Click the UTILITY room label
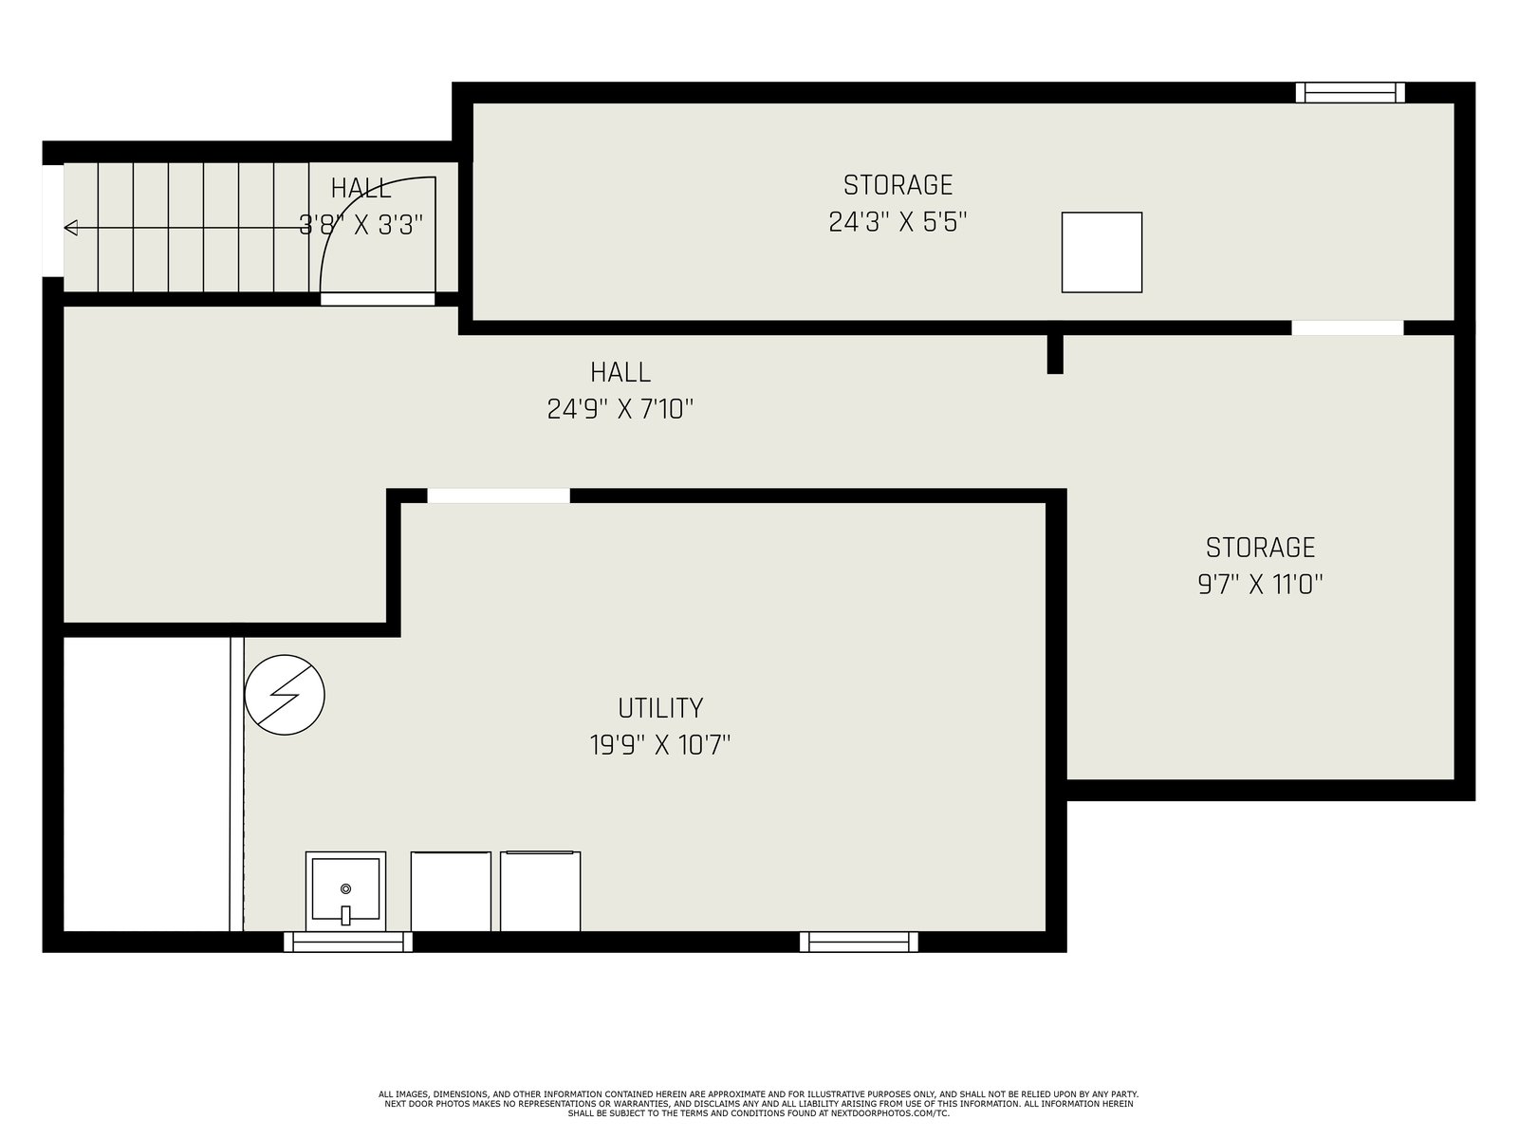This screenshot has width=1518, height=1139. (x=659, y=707)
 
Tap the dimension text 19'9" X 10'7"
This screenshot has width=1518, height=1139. (x=659, y=745)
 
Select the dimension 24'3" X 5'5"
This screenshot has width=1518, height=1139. (x=898, y=222)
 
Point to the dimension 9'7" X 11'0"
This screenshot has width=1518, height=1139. (x=1260, y=585)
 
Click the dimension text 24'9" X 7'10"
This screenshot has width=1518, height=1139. (x=620, y=409)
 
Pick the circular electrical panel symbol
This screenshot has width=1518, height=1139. (x=285, y=695)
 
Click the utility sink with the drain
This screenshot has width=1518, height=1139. (x=345, y=890)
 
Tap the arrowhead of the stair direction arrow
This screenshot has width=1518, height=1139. (x=70, y=228)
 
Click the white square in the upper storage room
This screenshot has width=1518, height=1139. (x=1101, y=252)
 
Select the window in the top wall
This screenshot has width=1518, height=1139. (x=1350, y=93)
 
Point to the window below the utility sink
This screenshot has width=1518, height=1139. (x=348, y=942)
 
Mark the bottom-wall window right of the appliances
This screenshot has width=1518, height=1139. (x=859, y=942)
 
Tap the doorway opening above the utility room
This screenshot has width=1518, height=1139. (x=499, y=495)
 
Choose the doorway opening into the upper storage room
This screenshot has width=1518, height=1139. (x=1348, y=327)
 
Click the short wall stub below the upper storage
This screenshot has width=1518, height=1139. (x=1055, y=354)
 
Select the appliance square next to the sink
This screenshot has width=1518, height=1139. (x=451, y=891)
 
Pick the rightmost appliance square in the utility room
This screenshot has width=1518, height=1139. (x=540, y=891)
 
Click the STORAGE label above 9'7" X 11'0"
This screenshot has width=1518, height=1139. (x=1260, y=547)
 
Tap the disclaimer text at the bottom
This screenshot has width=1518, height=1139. (x=759, y=1104)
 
